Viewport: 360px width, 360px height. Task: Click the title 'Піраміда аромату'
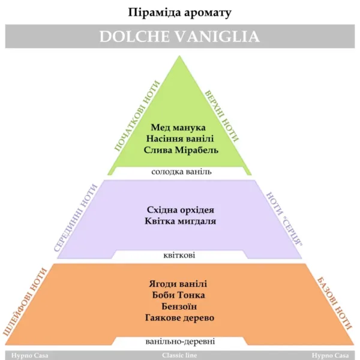[x=179, y=13]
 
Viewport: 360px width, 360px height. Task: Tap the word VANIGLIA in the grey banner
[x=218, y=37]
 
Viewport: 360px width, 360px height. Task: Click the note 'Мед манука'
[x=178, y=127]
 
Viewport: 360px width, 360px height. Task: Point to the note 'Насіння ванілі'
[x=180, y=139]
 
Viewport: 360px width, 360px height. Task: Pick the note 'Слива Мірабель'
[x=181, y=150]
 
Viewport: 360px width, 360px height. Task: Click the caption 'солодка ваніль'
[x=181, y=172]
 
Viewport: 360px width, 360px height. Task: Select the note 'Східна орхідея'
[x=181, y=210]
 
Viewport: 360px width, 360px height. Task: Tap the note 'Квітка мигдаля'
[x=180, y=221]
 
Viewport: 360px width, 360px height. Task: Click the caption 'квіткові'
[x=179, y=255]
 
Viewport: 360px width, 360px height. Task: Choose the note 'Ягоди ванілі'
[x=178, y=284]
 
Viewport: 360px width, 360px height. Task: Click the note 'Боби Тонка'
[x=178, y=295]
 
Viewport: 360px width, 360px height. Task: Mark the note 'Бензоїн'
[x=179, y=306]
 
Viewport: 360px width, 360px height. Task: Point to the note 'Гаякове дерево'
[x=180, y=318]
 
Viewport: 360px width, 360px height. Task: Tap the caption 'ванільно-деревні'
[x=180, y=341]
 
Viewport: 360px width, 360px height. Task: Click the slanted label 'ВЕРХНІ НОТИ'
[x=222, y=116]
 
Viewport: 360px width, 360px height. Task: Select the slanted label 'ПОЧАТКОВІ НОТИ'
[x=137, y=116]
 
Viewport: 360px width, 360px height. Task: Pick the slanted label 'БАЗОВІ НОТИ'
[x=334, y=304]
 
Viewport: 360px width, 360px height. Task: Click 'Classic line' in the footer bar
[x=179, y=355]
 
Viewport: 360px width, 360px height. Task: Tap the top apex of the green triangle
[x=179, y=56]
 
